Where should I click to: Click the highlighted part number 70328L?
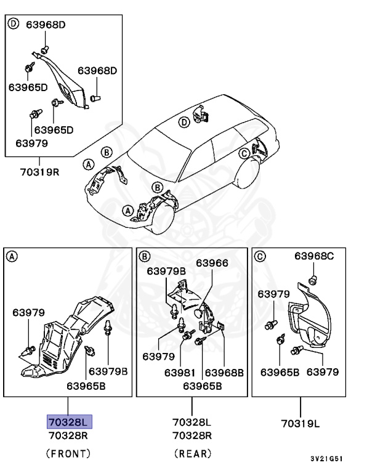click(69, 421)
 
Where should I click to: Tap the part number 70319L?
click(301, 423)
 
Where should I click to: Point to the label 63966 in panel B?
click(212, 263)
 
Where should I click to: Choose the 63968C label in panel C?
click(313, 256)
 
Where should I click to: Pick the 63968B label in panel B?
click(224, 373)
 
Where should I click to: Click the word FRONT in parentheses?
click(68, 454)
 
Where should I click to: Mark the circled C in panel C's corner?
click(259, 256)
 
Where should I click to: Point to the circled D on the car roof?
click(183, 123)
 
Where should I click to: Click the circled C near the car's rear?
click(244, 153)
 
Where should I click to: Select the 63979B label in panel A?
click(108, 371)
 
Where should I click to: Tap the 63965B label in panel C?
click(280, 372)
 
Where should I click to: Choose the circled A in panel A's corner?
click(12, 256)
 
